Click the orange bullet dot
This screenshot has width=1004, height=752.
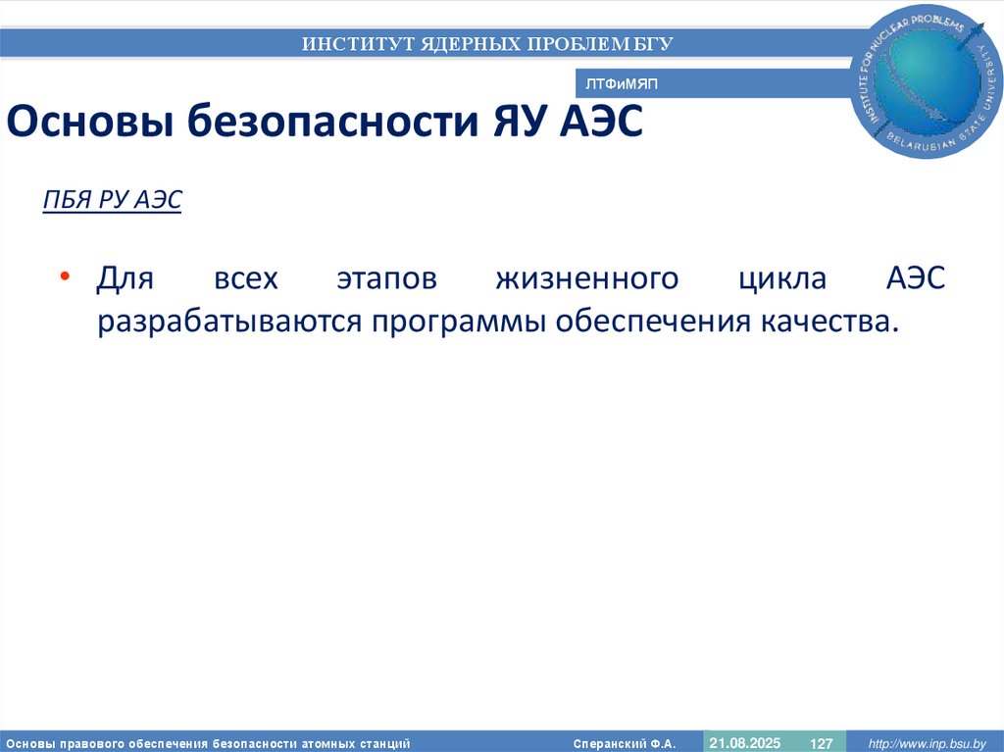click(x=65, y=277)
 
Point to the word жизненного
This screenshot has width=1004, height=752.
click(x=586, y=278)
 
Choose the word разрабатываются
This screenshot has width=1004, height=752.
click(x=227, y=322)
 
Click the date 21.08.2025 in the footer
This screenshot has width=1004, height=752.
click(x=744, y=742)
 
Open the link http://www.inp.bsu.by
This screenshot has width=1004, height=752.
click(x=926, y=743)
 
